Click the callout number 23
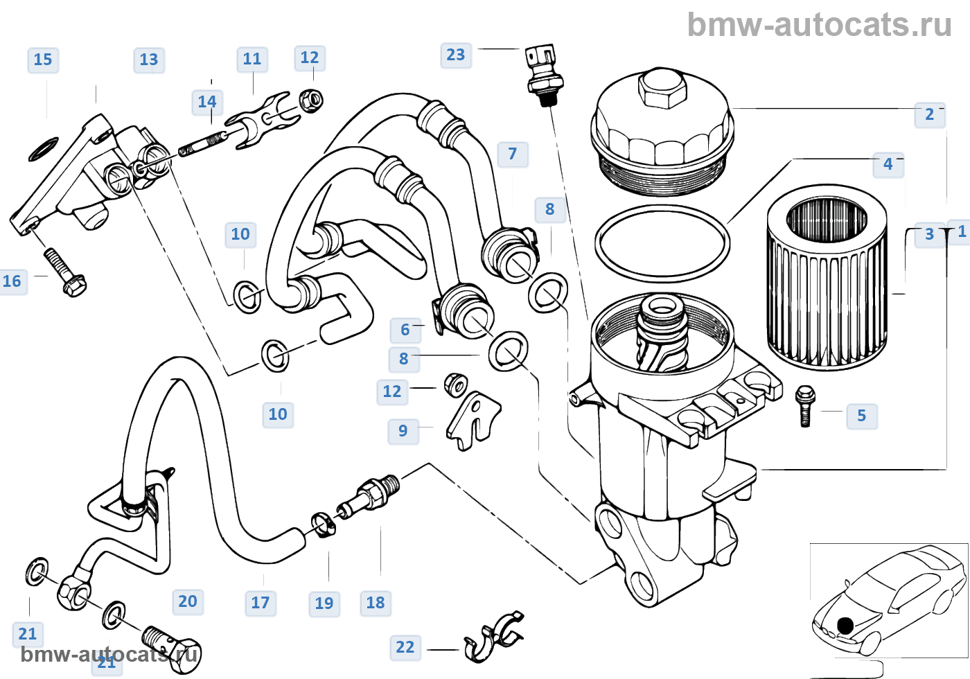click(x=456, y=55)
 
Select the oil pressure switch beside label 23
click(x=541, y=72)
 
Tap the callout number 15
click(x=43, y=60)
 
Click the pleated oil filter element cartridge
click(x=827, y=277)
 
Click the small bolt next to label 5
click(x=804, y=405)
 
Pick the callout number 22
click(x=405, y=647)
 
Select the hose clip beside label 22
click(x=494, y=635)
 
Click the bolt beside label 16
click(x=64, y=272)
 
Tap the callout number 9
click(x=403, y=430)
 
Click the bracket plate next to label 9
click(x=473, y=418)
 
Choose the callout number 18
click(x=376, y=602)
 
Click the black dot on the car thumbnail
click(x=845, y=626)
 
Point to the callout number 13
click(x=149, y=60)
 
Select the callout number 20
click(x=188, y=601)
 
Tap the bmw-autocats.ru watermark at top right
click(x=819, y=25)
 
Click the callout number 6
click(x=405, y=330)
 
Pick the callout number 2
click(x=930, y=114)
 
